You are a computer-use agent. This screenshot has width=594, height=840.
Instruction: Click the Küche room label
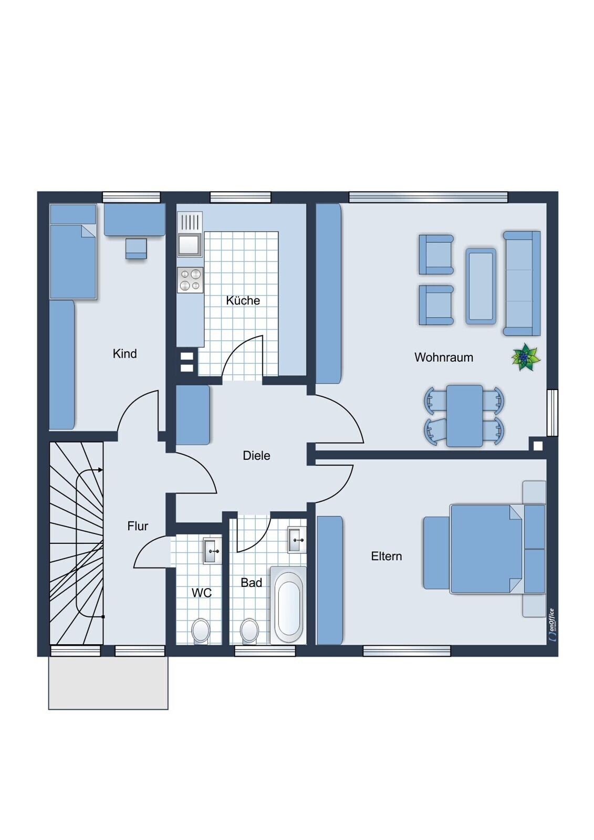tap(243, 300)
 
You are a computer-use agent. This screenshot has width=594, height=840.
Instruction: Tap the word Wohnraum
tap(443, 358)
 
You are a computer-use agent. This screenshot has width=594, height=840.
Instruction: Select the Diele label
tap(256, 456)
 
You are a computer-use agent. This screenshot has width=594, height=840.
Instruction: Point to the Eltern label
tap(387, 556)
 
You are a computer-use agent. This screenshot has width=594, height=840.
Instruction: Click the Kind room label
tap(124, 354)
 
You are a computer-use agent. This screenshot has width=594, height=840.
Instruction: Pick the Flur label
tap(138, 526)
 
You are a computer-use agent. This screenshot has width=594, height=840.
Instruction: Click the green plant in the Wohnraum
tap(526, 357)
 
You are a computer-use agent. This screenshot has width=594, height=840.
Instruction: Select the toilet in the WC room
tap(201, 631)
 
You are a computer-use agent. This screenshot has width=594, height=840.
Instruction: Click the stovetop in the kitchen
tap(190, 280)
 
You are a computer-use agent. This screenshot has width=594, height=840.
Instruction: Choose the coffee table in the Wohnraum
tap(481, 286)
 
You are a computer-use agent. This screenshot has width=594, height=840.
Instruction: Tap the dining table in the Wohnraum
tap(465, 416)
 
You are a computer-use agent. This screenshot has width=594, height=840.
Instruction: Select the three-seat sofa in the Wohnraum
tap(522, 283)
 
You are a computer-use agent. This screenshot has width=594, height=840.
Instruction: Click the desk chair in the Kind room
tap(136, 248)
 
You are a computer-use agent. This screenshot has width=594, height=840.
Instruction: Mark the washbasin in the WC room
tap(212, 551)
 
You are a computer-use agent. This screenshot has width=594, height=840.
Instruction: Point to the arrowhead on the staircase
tap(100, 470)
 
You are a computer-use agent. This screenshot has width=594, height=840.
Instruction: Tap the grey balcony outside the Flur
tap(108, 682)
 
